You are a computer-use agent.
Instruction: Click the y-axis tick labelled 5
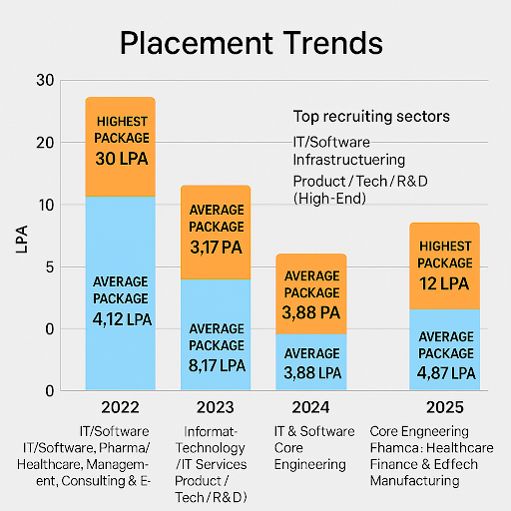coord(47,266)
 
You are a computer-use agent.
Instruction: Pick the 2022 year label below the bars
coord(120,408)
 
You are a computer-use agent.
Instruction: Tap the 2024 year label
coord(311,408)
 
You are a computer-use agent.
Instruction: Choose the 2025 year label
coord(443,408)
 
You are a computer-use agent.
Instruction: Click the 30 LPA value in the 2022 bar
coord(120,158)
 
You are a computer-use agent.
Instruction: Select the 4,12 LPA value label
coord(120,318)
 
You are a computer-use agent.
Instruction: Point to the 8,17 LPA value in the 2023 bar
coord(216,365)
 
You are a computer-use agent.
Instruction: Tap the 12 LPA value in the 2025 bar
coord(444,283)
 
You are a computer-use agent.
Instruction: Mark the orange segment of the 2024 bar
coord(311,293)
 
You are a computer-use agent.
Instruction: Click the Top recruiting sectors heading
coord(370,117)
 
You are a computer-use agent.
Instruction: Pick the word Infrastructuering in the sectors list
coord(348,160)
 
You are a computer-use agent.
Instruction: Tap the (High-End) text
coord(330,200)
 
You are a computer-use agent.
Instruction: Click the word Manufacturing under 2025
coord(414,480)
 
